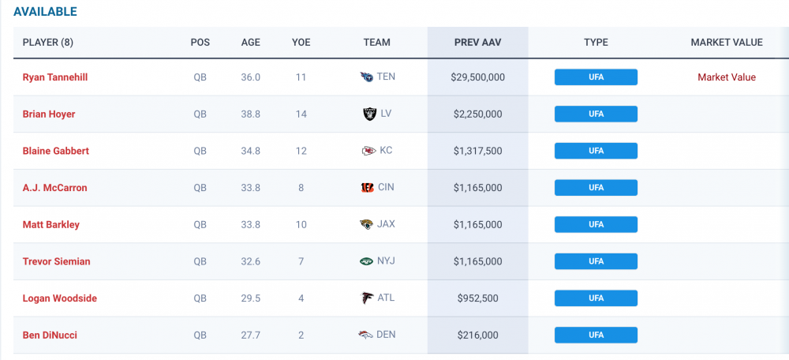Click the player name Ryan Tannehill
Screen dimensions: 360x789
[x=54, y=77]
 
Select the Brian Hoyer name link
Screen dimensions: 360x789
[x=49, y=114]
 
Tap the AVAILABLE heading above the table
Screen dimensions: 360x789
[x=45, y=12]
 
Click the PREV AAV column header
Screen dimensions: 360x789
[x=477, y=42]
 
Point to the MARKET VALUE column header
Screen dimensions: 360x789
[x=726, y=42]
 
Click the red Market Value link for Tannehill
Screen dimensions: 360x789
[x=726, y=77]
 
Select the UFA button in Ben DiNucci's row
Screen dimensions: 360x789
[x=596, y=335]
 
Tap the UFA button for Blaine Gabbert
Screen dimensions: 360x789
[x=596, y=151]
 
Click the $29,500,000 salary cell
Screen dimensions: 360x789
[x=477, y=77]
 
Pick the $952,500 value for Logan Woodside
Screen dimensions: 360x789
[x=477, y=298]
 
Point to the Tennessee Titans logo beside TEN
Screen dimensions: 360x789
[x=365, y=77]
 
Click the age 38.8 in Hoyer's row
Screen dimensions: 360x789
[x=250, y=114]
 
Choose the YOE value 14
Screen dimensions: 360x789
[x=301, y=114]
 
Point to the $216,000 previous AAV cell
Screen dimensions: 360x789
[x=477, y=335]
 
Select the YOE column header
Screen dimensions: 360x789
[x=301, y=42]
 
